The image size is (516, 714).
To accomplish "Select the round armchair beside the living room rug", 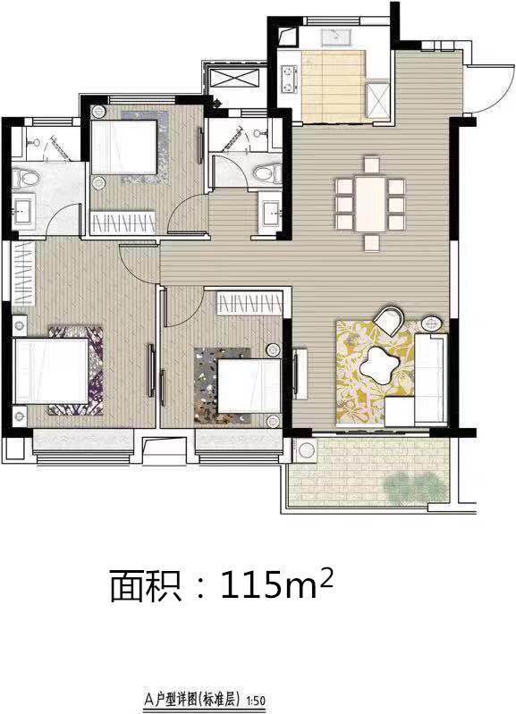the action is (x=389, y=320).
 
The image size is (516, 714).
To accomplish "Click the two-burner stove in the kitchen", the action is (x=288, y=79).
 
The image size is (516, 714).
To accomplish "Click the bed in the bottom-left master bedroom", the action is (x=51, y=370).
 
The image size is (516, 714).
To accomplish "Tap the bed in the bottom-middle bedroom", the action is (x=249, y=386).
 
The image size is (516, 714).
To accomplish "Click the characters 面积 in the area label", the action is (x=146, y=585).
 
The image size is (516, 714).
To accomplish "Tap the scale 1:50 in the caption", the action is (x=256, y=700).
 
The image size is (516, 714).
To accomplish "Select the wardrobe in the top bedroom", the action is (x=123, y=223).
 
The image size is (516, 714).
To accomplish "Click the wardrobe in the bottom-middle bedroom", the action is (x=250, y=303).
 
